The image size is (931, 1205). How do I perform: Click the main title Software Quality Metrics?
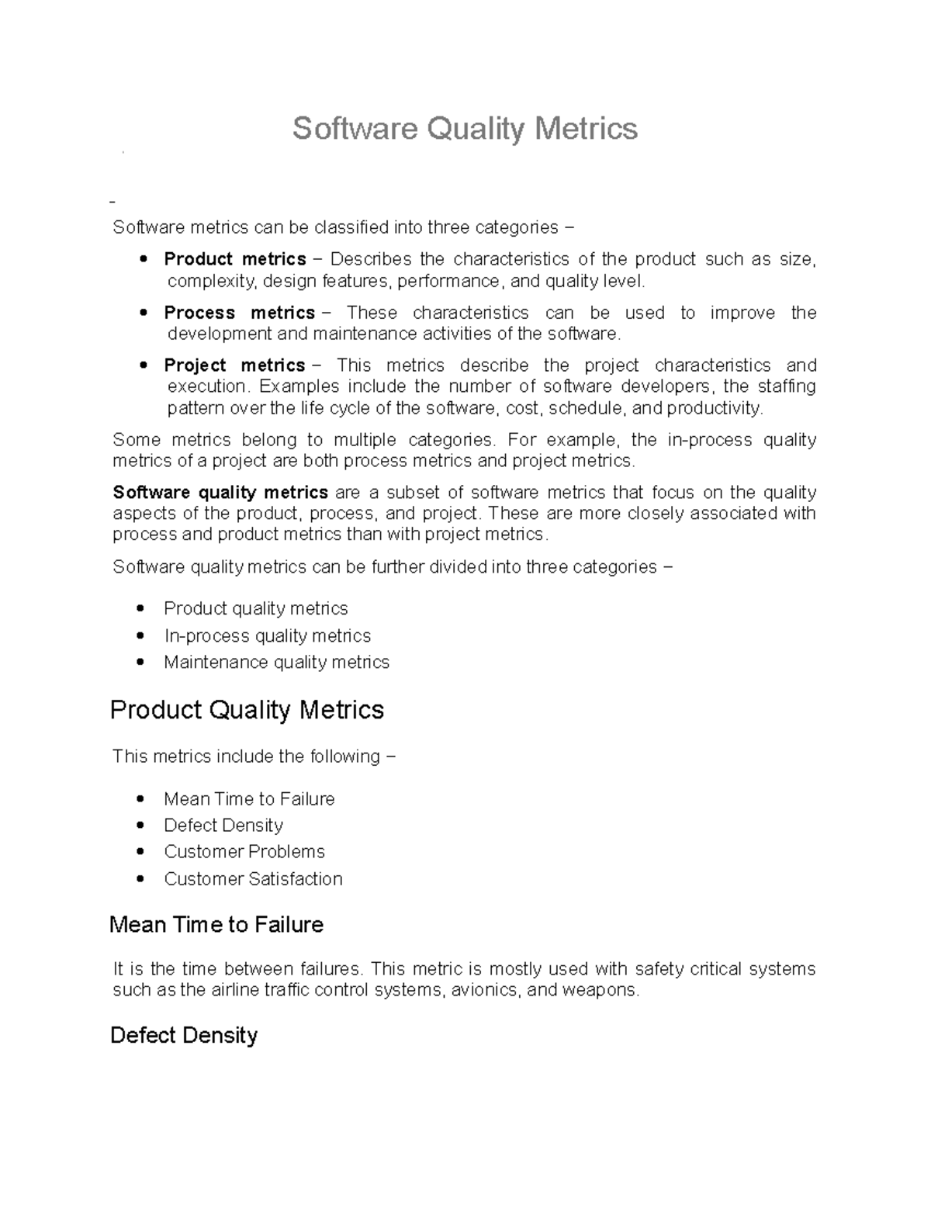pyautogui.click(x=465, y=128)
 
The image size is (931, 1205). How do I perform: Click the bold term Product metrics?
pyautogui.click(x=234, y=259)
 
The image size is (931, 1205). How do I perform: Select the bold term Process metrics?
pyautogui.click(x=239, y=313)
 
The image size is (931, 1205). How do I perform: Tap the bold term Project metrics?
pyautogui.click(x=234, y=365)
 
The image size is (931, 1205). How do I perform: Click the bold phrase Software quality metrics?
pyautogui.click(x=220, y=493)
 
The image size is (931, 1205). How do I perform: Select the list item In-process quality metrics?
pyautogui.click(x=267, y=636)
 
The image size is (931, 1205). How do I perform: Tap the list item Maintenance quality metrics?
pyautogui.click(x=276, y=663)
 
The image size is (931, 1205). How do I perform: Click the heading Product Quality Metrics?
pyautogui.click(x=247, y=710)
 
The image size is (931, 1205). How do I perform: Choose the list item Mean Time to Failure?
pyautogui.click(x=249, y=799)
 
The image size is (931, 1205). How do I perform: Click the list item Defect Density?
pyautogui.click(x=223, y=826)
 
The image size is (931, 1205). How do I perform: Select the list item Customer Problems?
pyautogui.click(x=244, y=852)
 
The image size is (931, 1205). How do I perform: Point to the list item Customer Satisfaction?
pyautogui.click(x=253, y=879)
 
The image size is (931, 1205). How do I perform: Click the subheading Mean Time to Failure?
pyautogui.click(x=216, y=925)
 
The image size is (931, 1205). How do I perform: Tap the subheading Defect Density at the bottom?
pyautogui.click(x=184, y=1036)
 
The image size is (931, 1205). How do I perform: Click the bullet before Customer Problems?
pyautogui.click(x=140, y=852)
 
